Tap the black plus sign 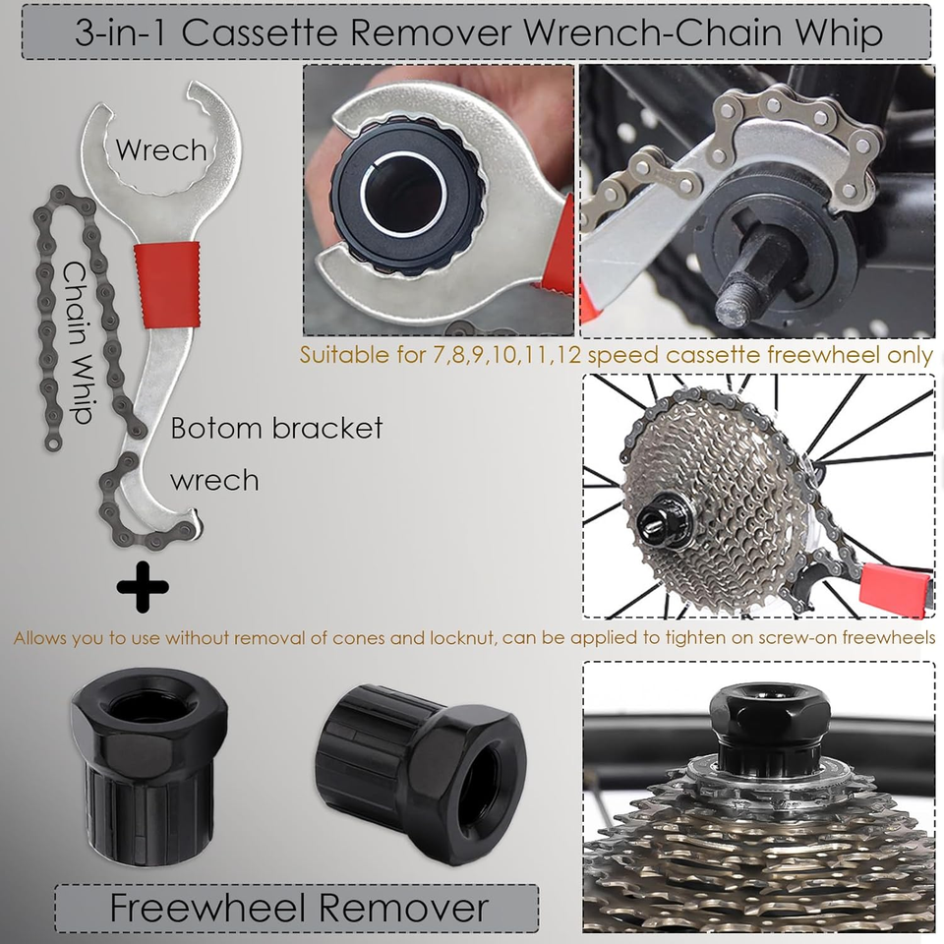[143, 587]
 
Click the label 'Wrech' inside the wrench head [161, 150]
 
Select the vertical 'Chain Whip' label [79, 341]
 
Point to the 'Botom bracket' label [276, 429]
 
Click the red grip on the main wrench [169, 285]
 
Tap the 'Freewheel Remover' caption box [297, 907]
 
